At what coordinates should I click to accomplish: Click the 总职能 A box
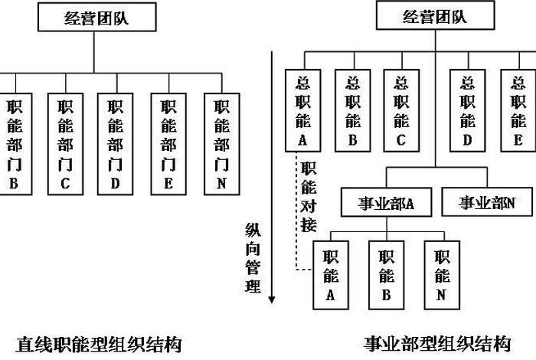[301, 110]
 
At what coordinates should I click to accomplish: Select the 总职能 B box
[352, 110]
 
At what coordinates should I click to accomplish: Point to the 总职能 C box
[400, 110]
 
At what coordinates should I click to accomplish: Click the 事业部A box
[387, 203]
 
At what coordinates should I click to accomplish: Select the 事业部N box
[486, 203]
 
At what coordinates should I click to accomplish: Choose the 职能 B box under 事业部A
[387, 273]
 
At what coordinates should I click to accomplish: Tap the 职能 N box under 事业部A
[443, 273]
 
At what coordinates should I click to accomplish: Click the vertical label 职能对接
[309, 196]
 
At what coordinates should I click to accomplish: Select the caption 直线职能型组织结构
[100, 342]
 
